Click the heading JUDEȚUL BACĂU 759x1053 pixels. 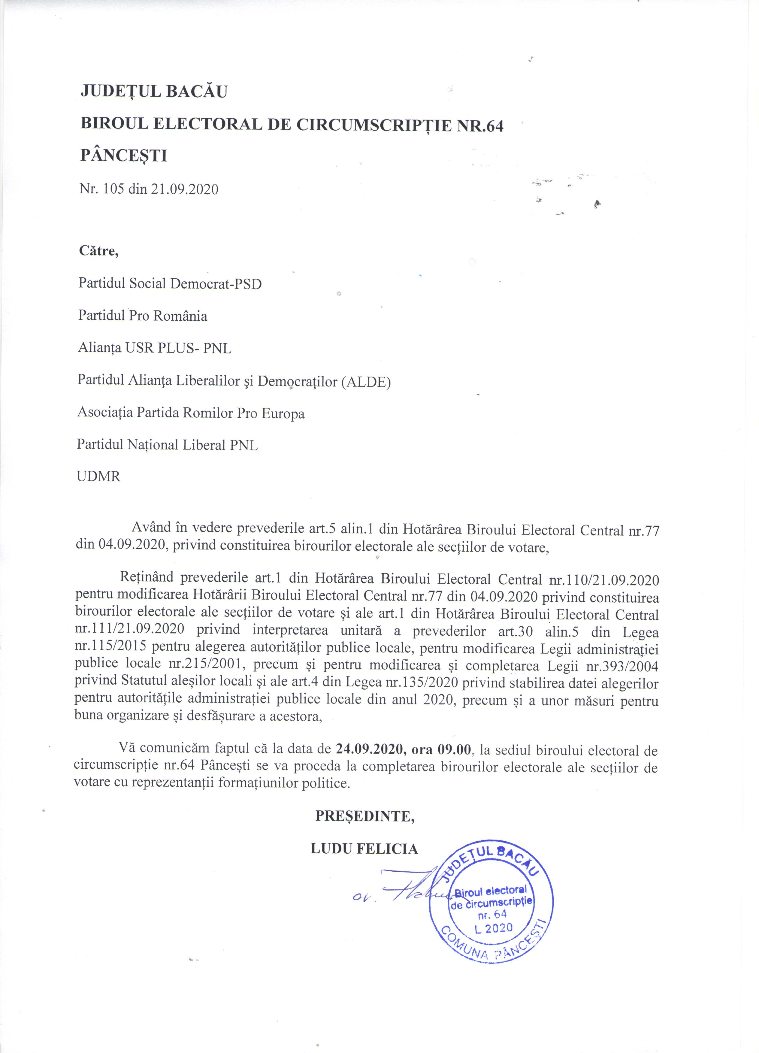click(x=154, y=92)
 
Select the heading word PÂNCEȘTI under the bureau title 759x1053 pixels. click(x=123, y=156)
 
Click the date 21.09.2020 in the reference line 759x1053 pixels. click(x=184, y=189)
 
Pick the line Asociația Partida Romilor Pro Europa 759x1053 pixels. click(x=191, y=413)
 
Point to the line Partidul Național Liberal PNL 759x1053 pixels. click(x=167, y=445)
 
